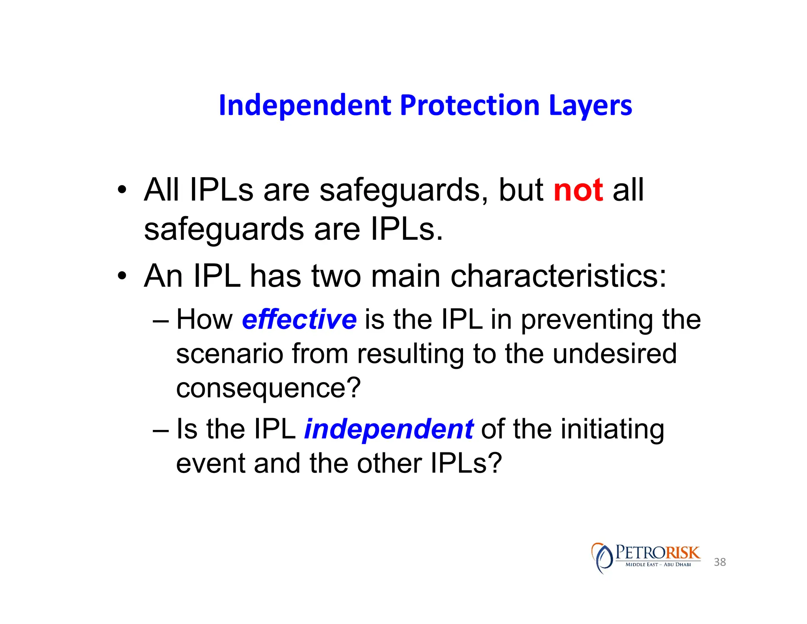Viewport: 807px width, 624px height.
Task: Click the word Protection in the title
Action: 469,105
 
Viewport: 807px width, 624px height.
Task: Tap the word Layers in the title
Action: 590,105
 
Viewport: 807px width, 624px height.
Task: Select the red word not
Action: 578,190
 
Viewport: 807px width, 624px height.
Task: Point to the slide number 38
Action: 720,562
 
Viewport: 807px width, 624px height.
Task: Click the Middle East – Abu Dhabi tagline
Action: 658,564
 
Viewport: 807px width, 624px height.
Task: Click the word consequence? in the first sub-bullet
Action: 268,388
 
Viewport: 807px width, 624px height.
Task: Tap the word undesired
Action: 615,353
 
